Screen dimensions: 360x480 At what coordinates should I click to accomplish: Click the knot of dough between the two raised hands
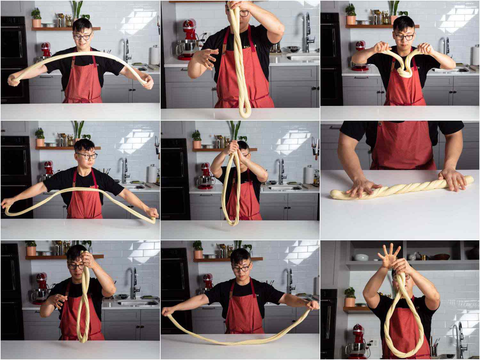pos(404,73)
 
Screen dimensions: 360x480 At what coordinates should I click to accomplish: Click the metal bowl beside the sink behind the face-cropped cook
pos(291,49)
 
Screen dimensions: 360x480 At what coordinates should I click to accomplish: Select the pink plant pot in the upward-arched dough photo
pos(36,23)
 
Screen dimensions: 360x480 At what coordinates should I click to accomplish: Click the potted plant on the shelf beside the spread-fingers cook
pos(350,298)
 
